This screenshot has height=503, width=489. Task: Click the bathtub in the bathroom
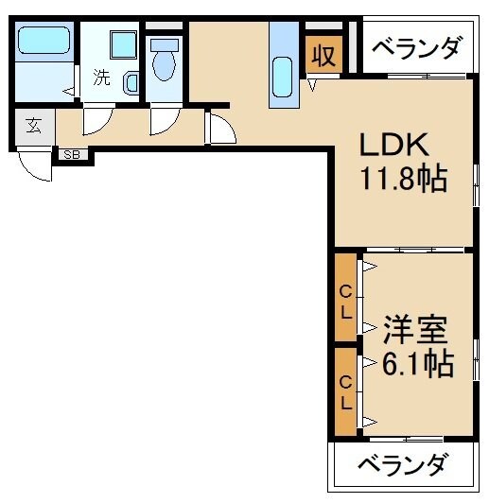(x=44, y=42)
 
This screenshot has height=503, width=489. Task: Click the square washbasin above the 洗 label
(x=123, y=44)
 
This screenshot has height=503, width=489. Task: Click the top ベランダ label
(x=416, y=47)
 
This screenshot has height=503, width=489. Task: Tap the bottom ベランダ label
(x=403, y=465)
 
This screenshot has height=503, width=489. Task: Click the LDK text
(x=393, y=146)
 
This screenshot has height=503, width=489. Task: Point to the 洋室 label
(x=415, y=331)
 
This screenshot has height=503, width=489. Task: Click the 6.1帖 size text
(x=417, y=362)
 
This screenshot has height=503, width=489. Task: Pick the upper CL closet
(x=346, y=298)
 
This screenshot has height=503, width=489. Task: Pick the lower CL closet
(x=346, y=391)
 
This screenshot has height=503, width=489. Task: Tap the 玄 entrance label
(x=34, y=127)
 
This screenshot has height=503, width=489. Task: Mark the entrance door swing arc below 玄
(x=36, y=165)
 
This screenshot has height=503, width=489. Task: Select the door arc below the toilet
(x=163, y=122)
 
